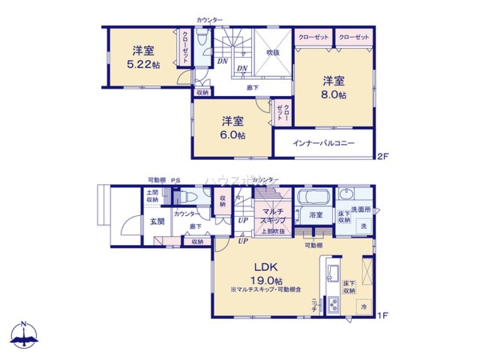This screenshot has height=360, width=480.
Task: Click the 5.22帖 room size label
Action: click(143, 65)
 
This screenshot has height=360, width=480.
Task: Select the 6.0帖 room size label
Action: click(233, 135)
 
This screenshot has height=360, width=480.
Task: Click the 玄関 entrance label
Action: click(158, 221)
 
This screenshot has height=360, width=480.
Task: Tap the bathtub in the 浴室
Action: click(312, 197)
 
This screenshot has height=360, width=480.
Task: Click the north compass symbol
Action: click(24, 334)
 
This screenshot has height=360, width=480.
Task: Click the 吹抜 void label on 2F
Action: click(273, 53)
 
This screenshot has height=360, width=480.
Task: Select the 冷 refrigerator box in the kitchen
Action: click(363, 306)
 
